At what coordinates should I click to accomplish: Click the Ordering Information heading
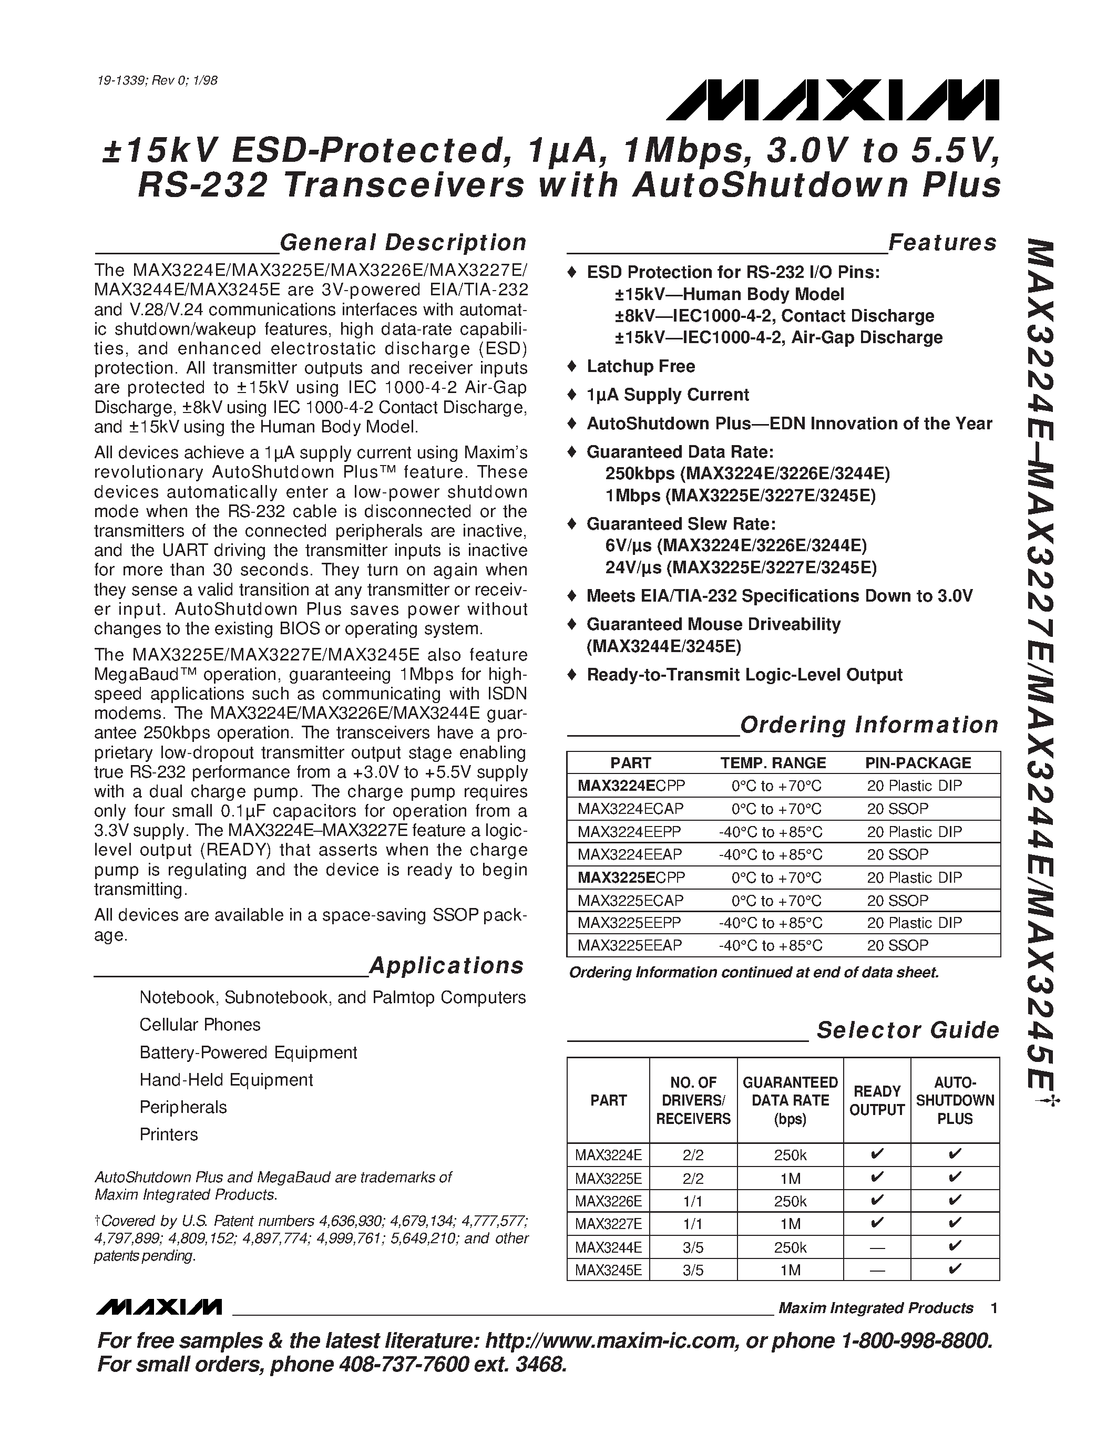coord(868,725)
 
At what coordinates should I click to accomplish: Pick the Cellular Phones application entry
coord(200,1024)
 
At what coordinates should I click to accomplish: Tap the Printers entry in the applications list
coord(169,1134)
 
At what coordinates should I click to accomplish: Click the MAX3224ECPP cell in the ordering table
coord(631,786)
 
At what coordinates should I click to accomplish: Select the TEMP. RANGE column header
coord(772,763)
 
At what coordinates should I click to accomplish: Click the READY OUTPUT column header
coord(876,1100)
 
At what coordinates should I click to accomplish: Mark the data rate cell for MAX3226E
coord(790,1200)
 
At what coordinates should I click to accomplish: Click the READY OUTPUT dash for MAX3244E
coord(876,1247)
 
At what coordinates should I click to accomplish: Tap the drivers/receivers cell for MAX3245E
coord(693,1269)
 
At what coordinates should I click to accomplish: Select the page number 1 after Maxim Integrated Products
coord(993,1307)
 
